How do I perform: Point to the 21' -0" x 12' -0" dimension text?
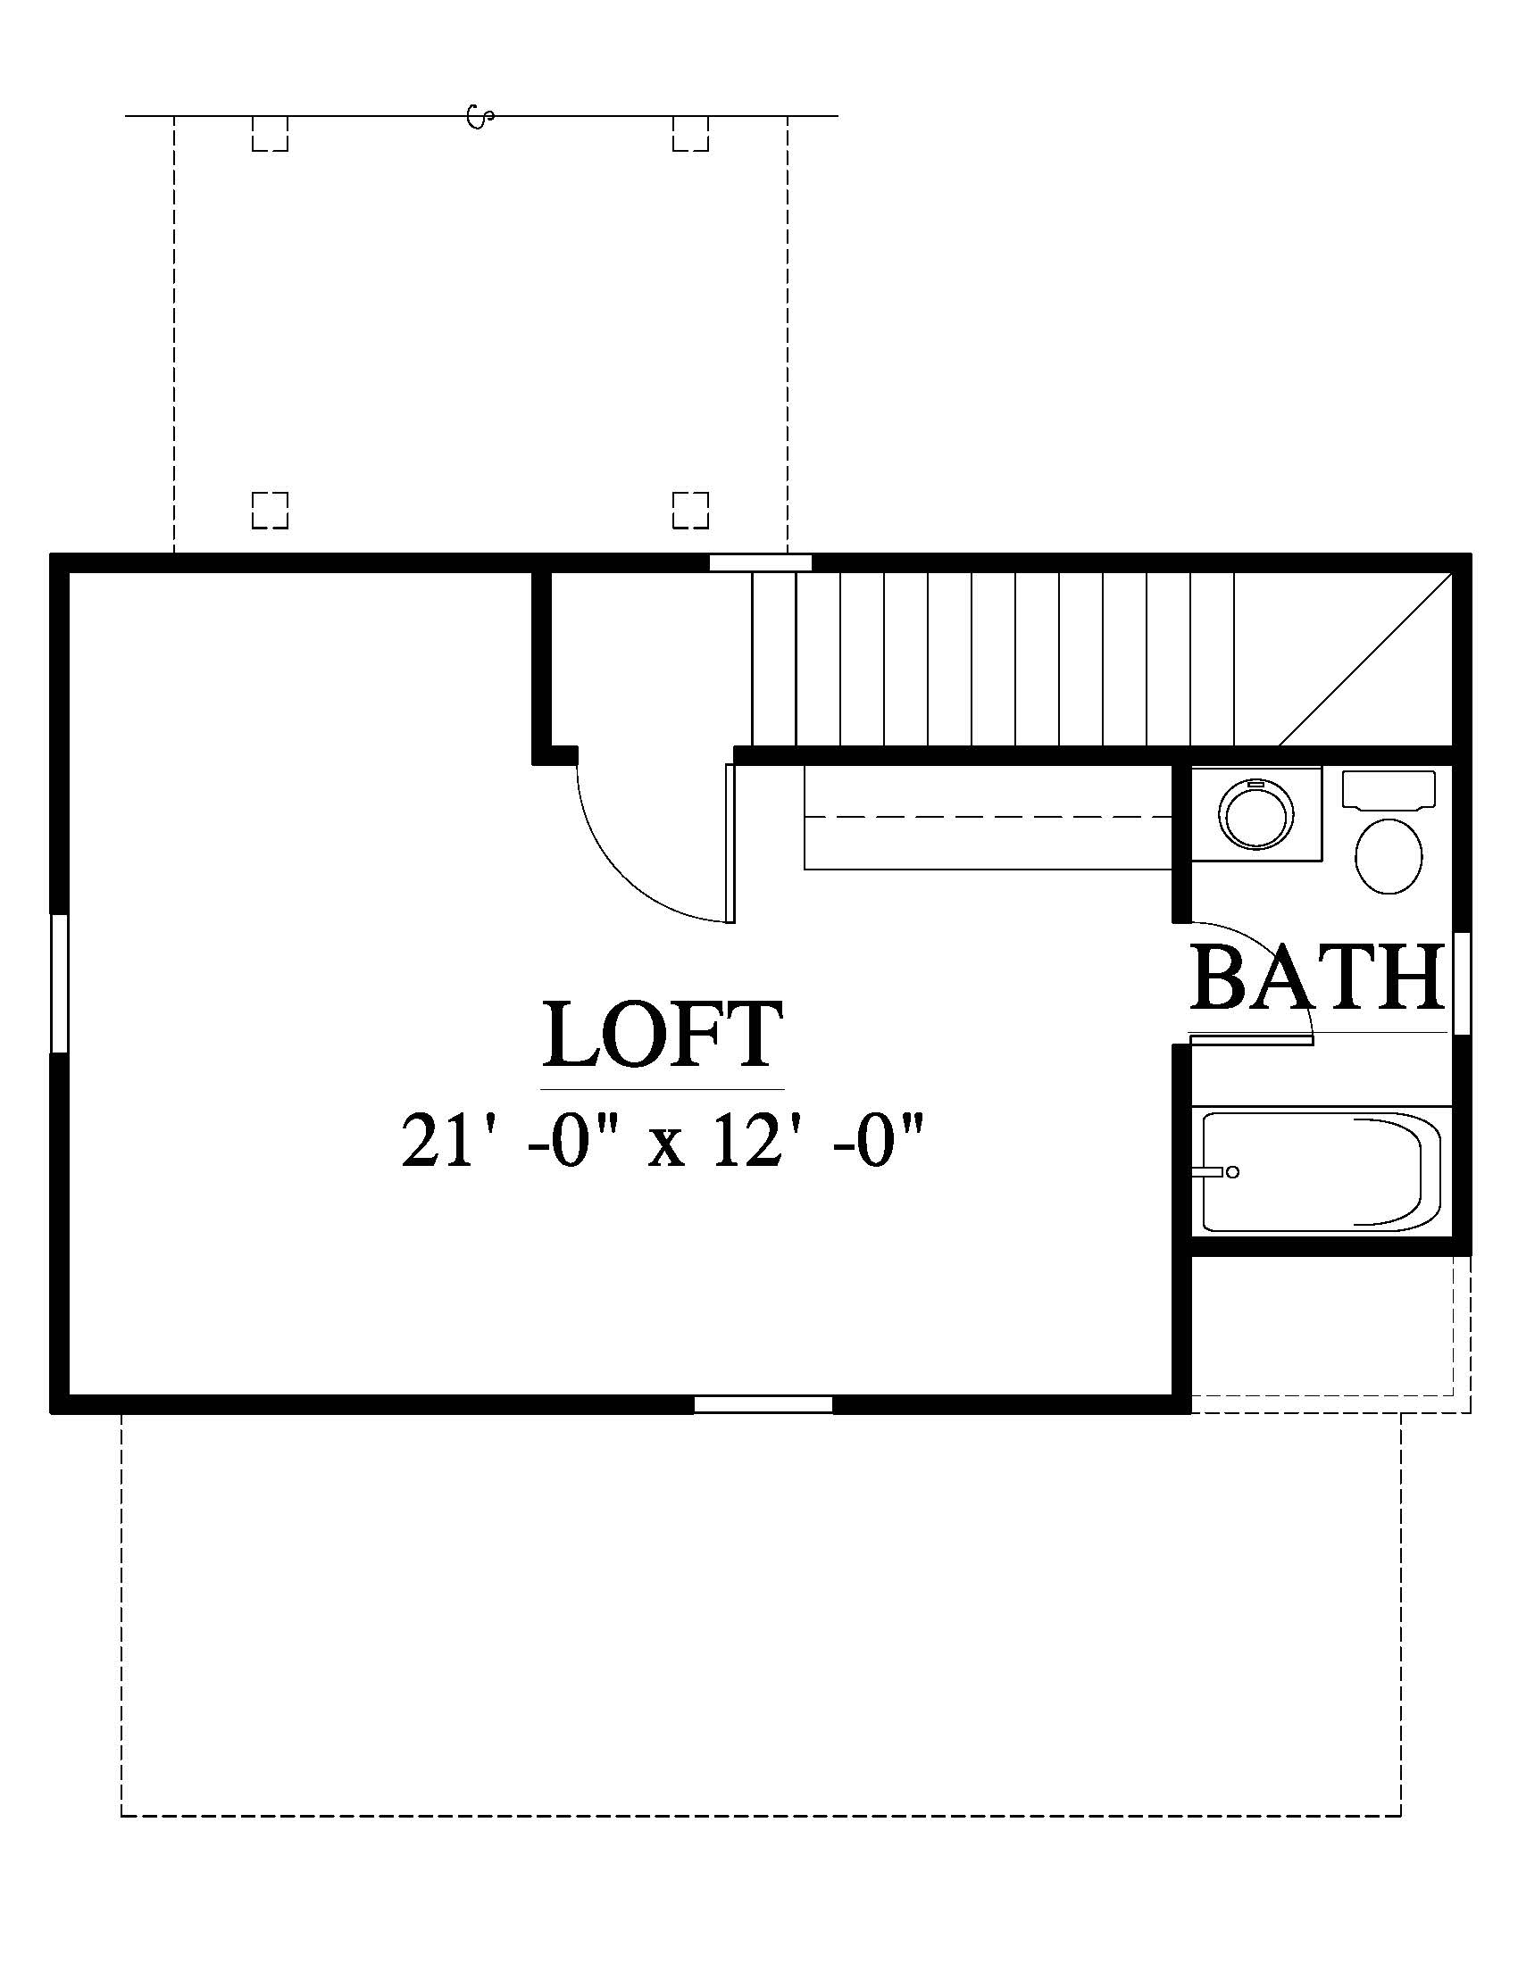(x=662, y=1139)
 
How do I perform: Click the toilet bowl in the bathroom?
(x=1389, y=856)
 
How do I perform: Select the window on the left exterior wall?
(x=58, y=983)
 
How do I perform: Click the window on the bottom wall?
(x=763, y=1404)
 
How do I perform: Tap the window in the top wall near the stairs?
(x=760, y=563)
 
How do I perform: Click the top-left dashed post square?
(x=270, y=133)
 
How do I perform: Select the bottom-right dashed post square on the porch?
(x=690, y=510)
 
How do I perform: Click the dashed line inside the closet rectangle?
(x=988, y=817)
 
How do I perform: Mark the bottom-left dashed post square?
(x=270, y=510)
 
